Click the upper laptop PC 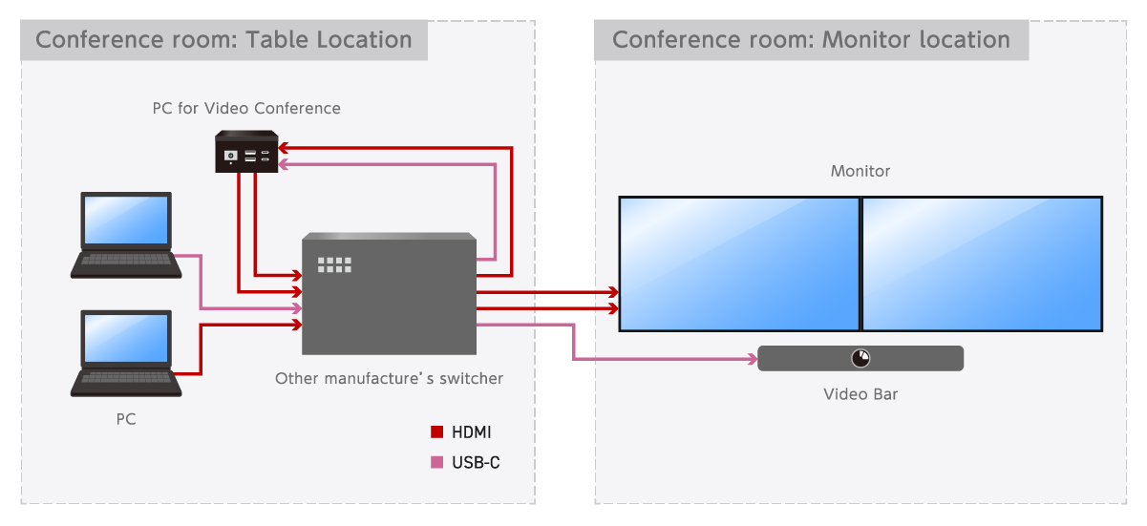click(126, 235)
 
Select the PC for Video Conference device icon click(246, 152)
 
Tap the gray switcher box click(389, 294)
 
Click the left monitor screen click(739, 263)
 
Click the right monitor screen click(982, 263)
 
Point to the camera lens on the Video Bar click(860, 358)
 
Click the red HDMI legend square click(437, 432)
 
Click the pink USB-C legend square click(437, 463)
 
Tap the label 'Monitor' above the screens click(860, 172)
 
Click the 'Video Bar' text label click(860, 394)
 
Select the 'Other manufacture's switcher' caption click(389, 379)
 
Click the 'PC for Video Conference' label click(246, 109)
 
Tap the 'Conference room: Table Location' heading click(223, 40)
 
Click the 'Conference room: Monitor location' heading click(811, 40)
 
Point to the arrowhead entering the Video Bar click(751, 360)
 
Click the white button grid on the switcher click(334, 264)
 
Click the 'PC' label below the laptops click(126, 419)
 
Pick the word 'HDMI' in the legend click(472, 432)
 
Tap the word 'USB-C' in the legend click(476, 463)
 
